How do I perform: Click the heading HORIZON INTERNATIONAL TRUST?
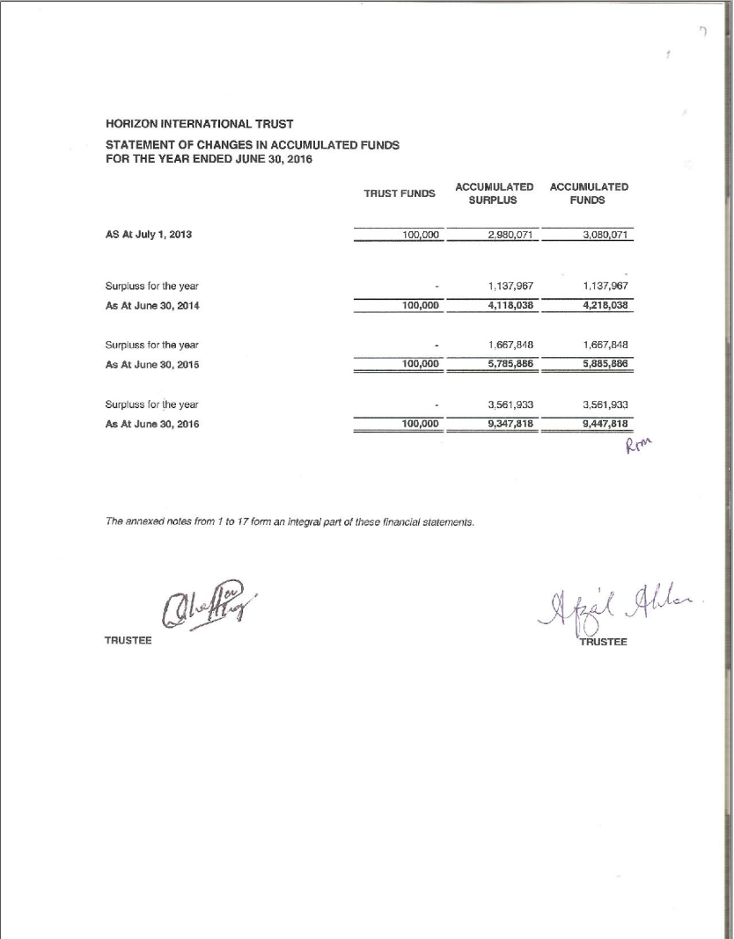coord(199,123)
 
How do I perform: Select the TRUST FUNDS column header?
coord(400,193)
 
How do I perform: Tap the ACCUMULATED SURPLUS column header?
coord(494,193)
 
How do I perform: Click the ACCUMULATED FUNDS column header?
coord(589,193)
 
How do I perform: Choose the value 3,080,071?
coord(603,236)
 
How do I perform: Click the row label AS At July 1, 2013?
coord(149,236)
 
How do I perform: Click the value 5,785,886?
coord(510,364)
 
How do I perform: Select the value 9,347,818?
coord(510,424)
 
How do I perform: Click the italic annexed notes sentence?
coord(290,521)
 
